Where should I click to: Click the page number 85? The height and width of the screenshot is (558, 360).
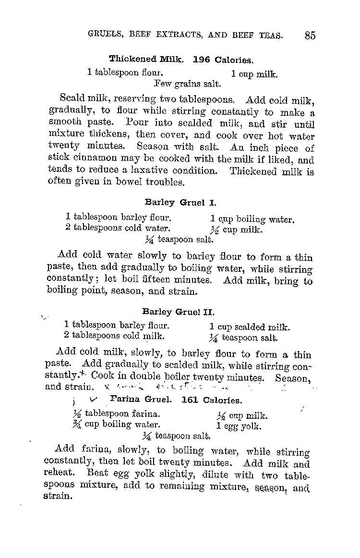(x=310, y=36)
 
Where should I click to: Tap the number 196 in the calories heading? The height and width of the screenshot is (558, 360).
(x=202, y=60)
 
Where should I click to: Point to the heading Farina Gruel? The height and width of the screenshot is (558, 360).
(x=141, y=399)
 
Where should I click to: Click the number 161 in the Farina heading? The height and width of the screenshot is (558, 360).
(x=191, y=400)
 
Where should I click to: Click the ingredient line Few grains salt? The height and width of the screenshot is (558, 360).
(x=180, y=84)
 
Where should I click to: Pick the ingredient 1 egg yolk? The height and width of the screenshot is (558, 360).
(x=239, y=426)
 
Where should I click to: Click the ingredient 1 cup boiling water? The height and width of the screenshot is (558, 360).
(x=252, y=220)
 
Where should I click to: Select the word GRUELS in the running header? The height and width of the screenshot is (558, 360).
(x=106, y=35)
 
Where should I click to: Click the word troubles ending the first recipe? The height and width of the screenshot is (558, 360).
(x=166, y=182)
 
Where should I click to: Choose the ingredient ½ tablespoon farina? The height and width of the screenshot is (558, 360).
(x=116, y=414)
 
